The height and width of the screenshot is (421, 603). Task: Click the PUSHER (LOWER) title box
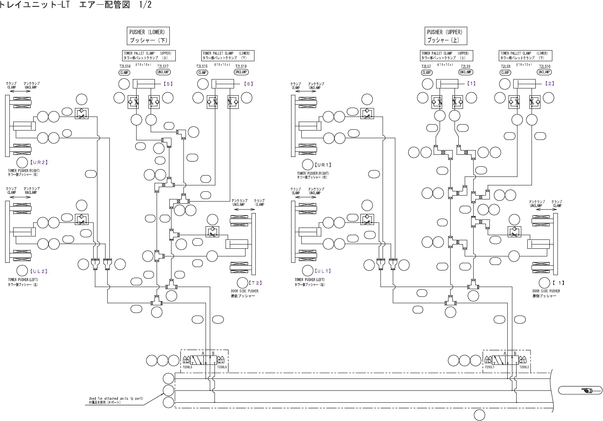[149, 36]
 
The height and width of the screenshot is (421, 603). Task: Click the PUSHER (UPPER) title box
[446, 36]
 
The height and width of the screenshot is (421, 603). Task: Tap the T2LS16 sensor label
[125, 66]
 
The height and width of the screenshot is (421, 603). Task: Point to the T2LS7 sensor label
[426, 66]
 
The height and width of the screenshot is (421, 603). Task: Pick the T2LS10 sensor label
[545, 66]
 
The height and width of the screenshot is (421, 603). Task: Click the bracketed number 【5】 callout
[169, 84]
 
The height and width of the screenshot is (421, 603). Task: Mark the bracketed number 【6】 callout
[249, 84]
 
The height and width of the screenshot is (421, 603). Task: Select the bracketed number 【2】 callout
[550, 83]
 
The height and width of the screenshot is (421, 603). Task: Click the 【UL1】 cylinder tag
[323, 271]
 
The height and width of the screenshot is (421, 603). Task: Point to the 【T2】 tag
[255, 282]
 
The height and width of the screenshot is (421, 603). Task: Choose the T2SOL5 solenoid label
[188, 367]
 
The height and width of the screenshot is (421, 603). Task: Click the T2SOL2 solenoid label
[524, 367]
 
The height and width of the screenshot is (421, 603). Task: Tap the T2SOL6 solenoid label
[222, 367]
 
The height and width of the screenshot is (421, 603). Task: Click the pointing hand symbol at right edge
[586, 390]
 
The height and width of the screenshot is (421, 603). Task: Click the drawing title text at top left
[76, 5]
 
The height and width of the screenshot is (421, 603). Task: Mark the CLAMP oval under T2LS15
[203, 72]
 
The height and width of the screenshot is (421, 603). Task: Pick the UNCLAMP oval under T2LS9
[466, 72]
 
